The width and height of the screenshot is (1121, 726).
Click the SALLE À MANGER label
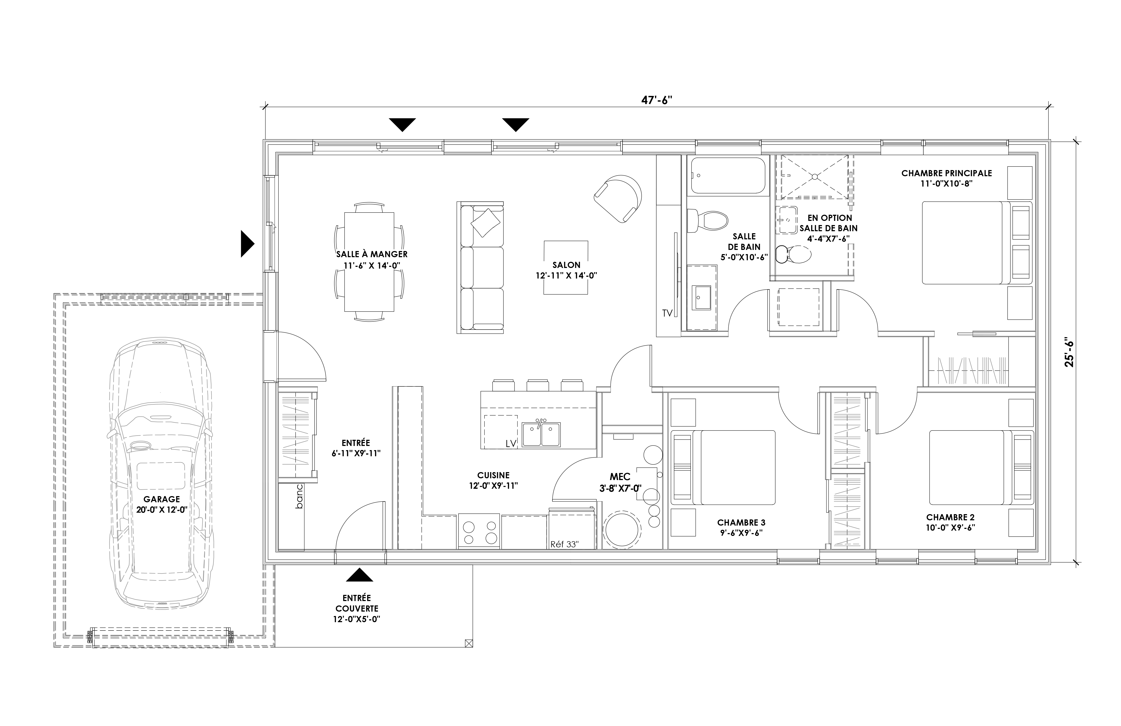tap(372, 254)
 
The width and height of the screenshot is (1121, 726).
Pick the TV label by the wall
tap(667, 313)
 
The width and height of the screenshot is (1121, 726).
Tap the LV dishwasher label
tap(511, 444)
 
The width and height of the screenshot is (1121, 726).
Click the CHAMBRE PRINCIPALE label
tap(947, 173)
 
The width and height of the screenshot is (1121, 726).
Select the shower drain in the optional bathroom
tap(815, 177)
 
